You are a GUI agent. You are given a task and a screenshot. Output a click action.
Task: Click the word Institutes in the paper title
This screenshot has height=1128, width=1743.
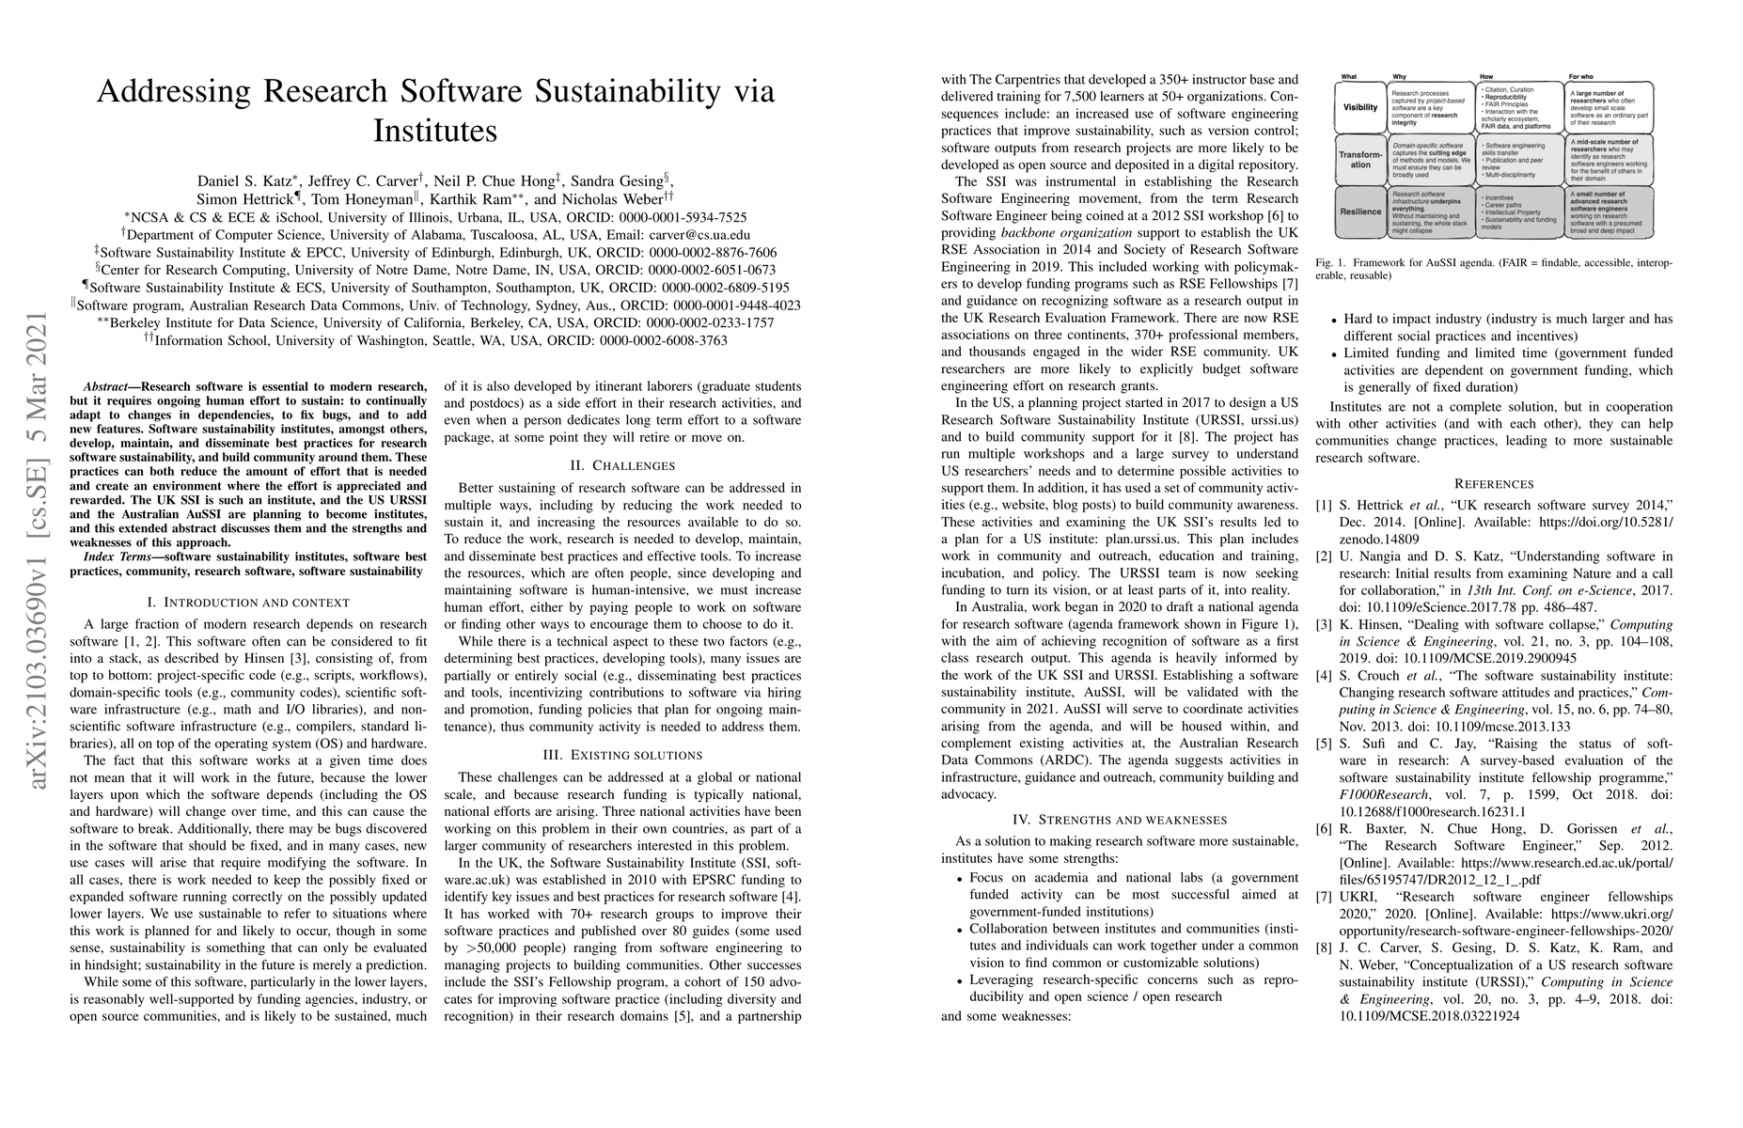434,130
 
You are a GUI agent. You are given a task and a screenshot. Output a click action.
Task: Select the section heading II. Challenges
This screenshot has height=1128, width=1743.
622,465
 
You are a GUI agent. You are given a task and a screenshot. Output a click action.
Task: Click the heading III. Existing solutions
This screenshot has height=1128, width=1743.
622,755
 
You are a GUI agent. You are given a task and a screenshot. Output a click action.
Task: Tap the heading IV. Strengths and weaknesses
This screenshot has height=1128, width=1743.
1120,820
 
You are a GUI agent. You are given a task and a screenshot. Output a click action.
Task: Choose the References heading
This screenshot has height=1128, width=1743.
1493,483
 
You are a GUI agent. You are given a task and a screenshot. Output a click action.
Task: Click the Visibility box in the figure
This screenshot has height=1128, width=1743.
1360,107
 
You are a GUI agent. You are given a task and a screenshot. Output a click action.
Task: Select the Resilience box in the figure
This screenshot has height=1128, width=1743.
1360,211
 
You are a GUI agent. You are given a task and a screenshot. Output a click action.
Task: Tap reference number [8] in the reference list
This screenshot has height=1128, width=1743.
1326,948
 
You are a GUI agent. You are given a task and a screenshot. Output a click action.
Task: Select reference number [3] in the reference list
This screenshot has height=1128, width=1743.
1326,624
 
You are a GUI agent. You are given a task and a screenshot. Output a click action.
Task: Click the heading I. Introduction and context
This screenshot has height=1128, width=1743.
247,602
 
